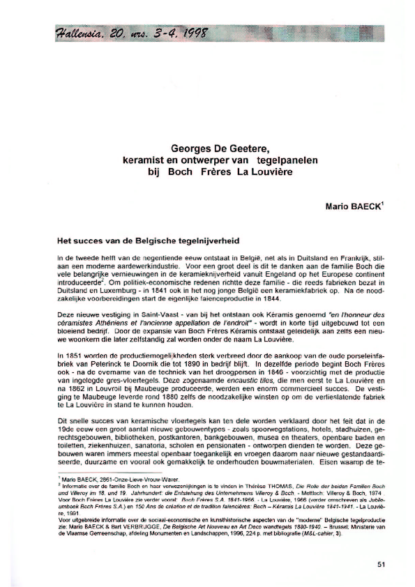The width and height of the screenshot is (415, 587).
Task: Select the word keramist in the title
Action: click(x=144, y=160)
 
